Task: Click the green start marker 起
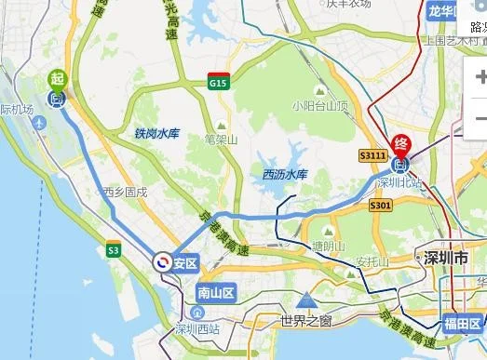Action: [x=57, y=80]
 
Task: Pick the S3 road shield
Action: [x=114, y=250]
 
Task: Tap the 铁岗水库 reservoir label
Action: [x=156, y=134]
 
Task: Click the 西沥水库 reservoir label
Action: [x=285, y=174]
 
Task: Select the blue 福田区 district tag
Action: [x=462, y=325]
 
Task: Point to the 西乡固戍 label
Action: [x=125, y=193]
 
